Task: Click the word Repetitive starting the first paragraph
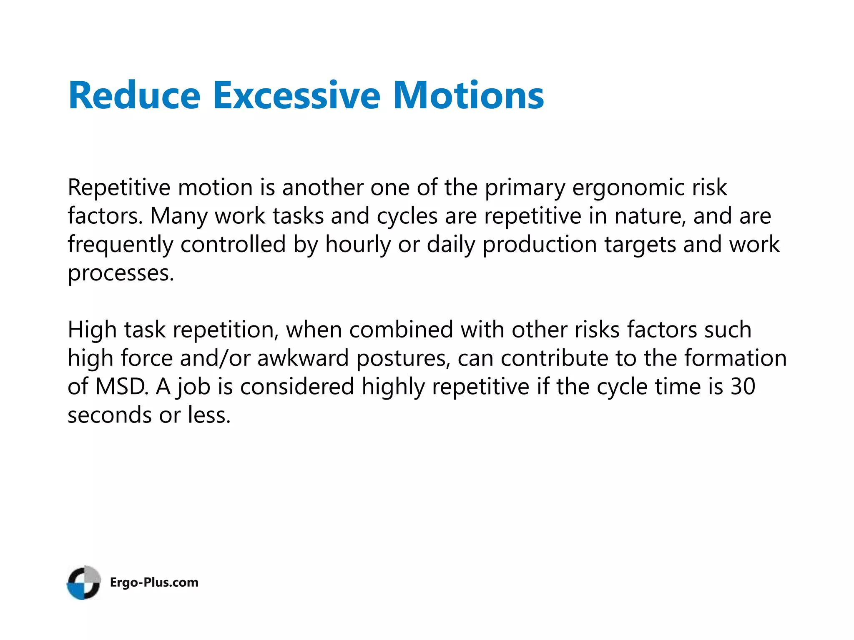(119, 188)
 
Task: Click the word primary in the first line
(524, 188)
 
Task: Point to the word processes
(121, 274)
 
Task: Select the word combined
(401, 330)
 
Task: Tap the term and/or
(215, 358)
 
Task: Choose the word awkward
(303, 358)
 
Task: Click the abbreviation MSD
(121, 387)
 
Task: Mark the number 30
(743, 387)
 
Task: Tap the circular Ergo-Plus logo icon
(84, 582)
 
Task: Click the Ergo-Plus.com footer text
(154, 582)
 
